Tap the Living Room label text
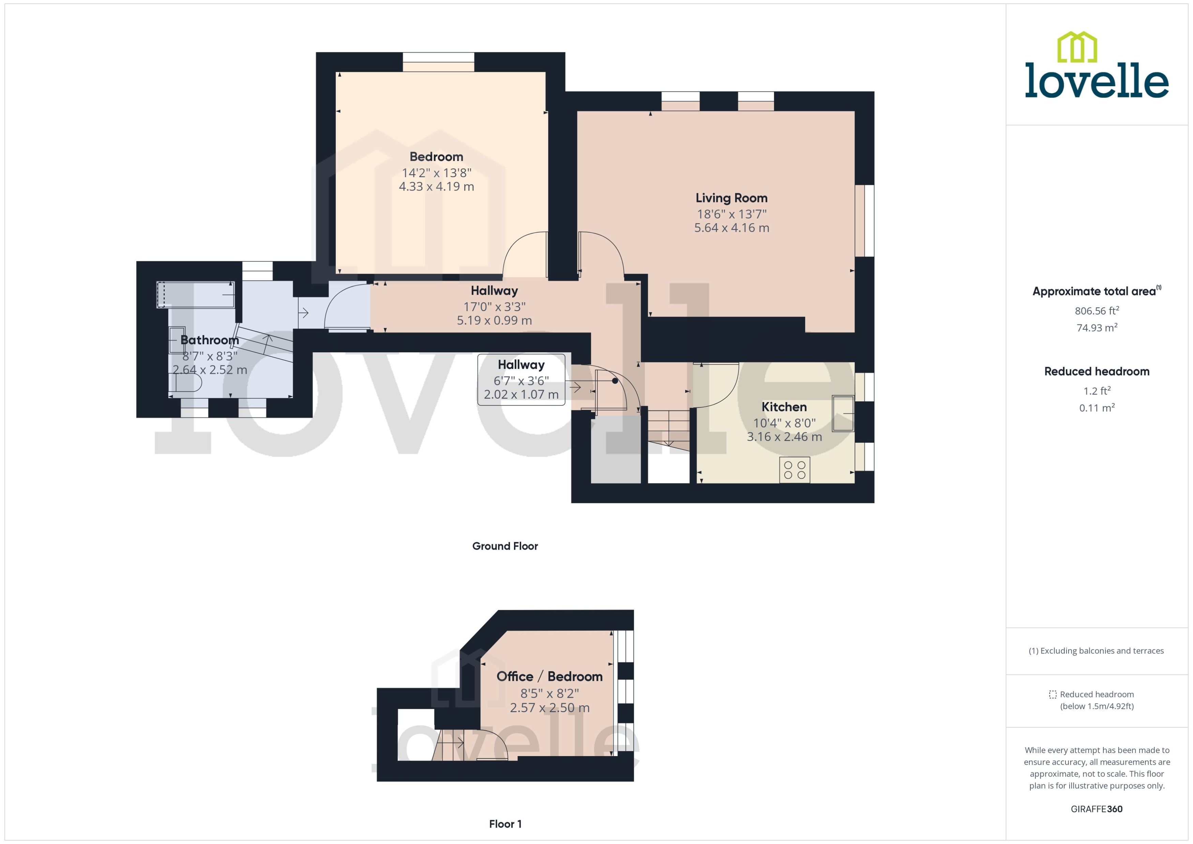[x=731, y=198]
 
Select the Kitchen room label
[x=784, y=407]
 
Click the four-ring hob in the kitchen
[x=794, y=470]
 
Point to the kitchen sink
[x=842, y=414]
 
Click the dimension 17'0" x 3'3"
[x=494, y=307]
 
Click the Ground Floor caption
[x=505, y=546]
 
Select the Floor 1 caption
[x=505, y=824]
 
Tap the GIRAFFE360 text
[x=1096, y=809]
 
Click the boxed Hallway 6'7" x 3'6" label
[x=521, y=379]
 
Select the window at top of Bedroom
[x=438, y=62]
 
